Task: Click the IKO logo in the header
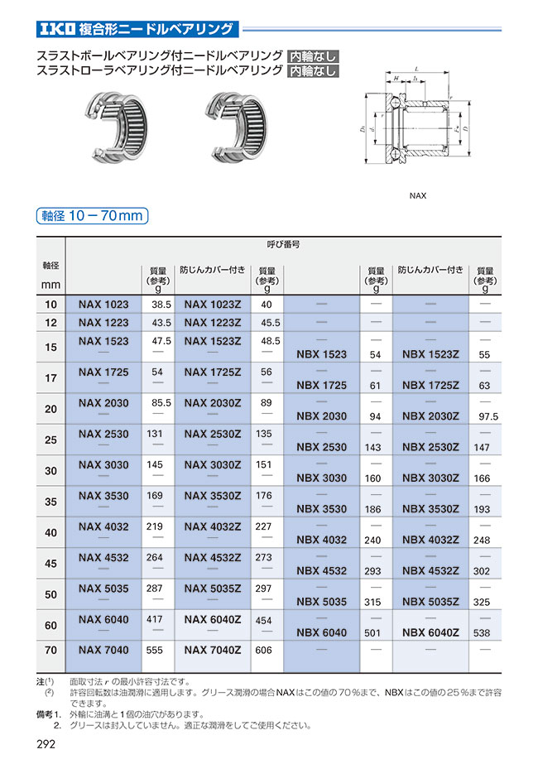click(56, 31)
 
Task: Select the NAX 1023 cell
click(103, 305)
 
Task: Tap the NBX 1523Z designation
click(430, 354)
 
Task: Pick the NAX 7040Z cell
click(212, 651)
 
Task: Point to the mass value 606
click(265, 651)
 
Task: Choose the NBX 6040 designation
click(321, 633)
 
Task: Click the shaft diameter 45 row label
click(51, 564)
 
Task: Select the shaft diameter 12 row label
click(51, 322)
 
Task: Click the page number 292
click(46, 744)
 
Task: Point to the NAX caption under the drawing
click(418, 197)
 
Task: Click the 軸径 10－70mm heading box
click(93, 216)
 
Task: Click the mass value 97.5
click(488, 416)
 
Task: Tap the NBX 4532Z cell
click(430, 571)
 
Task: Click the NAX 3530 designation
click(103, 496)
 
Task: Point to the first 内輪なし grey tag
click(313, 56)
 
